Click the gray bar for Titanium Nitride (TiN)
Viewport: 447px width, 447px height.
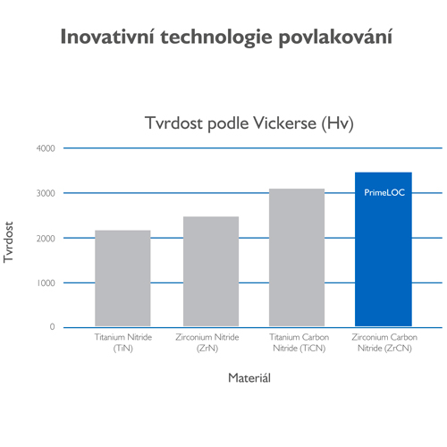point(122,278)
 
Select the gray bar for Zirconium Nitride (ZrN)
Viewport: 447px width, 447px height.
point(211,271)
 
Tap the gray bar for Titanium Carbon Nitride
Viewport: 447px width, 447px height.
point(297,257)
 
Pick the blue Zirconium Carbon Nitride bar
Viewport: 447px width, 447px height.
point(384,249)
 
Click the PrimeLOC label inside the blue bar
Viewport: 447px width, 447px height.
point(384,192)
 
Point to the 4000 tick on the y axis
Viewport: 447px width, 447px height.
point(46,148)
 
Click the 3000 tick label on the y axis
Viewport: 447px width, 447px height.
point(46,193)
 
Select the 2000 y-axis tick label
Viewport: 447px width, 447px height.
point(46,239)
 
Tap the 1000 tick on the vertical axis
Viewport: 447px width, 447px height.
point(46,283)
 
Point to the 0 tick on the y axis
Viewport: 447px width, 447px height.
point(52,327)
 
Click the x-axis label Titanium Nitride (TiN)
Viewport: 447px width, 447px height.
point(123,342)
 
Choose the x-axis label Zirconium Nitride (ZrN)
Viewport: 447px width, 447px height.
point(207,342)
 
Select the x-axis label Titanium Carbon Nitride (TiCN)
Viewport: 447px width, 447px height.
point(299,342)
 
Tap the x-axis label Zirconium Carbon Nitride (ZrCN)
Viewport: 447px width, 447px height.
point(384,342)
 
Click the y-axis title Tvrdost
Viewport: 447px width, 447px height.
point(8,242)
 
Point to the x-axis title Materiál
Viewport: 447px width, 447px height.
point(249,378)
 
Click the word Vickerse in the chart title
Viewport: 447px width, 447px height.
point(284,123)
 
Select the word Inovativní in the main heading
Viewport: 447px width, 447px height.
point(107,37)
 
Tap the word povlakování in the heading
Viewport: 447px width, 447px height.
point(335,38)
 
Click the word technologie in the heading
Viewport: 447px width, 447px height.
point(216,38)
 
